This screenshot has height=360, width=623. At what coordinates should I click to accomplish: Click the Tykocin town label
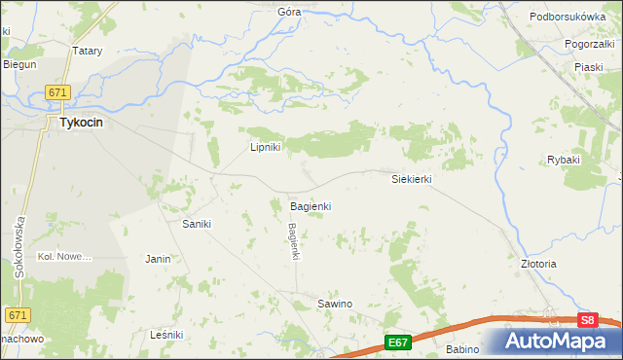[82, 124]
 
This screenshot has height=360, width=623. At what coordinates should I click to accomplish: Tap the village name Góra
[289, 13]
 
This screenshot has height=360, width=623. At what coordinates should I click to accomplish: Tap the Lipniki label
[265, 148]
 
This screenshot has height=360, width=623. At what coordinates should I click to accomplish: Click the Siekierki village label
[411, 180]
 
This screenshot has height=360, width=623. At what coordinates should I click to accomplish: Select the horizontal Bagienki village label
[311, 207]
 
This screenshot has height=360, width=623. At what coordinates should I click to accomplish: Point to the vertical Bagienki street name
[291, 241]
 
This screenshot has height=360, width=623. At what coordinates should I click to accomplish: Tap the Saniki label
[197, 224]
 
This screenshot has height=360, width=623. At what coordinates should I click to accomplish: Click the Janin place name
[158, 259]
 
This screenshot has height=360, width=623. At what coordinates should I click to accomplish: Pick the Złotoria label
[538, 264]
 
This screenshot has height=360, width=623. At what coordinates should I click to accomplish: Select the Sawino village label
[335, 305]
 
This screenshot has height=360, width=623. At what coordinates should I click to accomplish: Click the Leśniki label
[167, 335]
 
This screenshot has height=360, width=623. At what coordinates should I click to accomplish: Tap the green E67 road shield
[397, 342]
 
